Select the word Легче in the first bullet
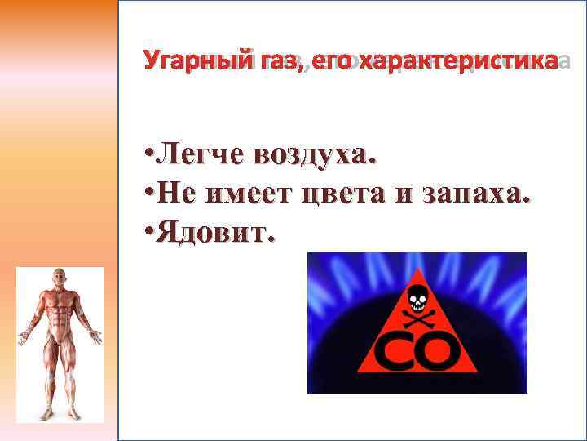pos(198,152)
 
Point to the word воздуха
pos(317,153)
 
